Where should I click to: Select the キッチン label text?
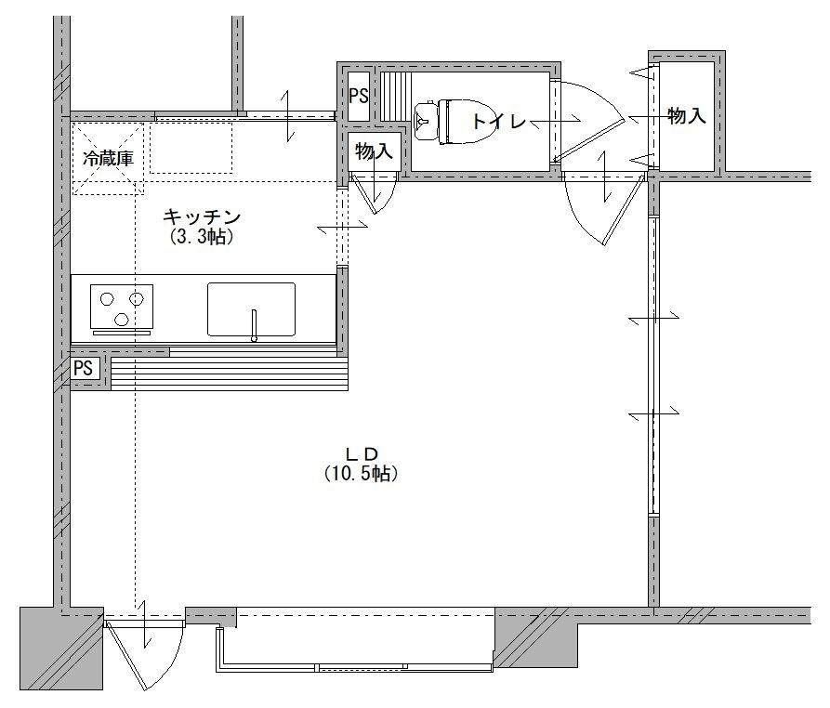point(202,216)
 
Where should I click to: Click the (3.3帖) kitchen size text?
point(202,236)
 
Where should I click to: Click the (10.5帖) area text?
point(361,473)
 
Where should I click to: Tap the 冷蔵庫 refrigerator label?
point(109,158)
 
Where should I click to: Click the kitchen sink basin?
point(252,309)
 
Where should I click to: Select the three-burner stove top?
point(123,307)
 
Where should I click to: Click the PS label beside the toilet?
point(359,96)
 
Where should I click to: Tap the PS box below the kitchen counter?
point(83,367)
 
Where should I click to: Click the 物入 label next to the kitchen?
point(374,151)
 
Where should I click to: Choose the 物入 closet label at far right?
point(687,115)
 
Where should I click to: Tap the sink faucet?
point(254,325)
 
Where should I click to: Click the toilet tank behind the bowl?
point(425,121)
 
